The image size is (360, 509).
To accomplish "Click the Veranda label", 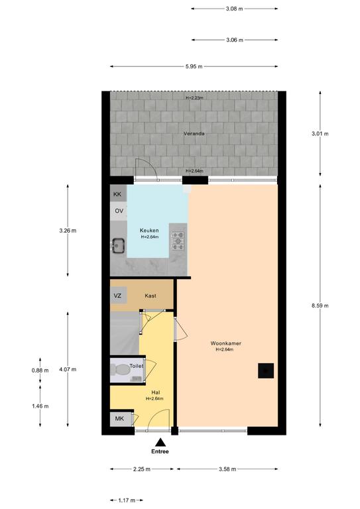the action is coord(194,133).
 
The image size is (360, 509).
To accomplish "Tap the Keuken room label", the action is coord(149,231).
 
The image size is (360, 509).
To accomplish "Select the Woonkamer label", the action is coord(226,343).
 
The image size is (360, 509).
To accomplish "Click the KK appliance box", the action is coord(118,194).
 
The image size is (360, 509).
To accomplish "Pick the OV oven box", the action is coord(119,211).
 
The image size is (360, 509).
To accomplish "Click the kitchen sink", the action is coord(119,245).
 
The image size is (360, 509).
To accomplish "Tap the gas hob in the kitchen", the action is coord(178,241).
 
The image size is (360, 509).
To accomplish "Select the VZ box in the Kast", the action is coord(118,296).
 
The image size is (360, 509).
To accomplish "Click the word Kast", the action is coord(150,296).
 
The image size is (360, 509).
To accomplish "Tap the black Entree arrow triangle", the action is coord(160,442).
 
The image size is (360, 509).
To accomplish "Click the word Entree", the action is coord(160,451).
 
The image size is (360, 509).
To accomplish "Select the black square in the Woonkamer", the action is coord(266,370).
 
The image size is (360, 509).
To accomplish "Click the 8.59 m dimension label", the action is coord(320,306).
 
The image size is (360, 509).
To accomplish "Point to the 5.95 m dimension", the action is coord(194,66).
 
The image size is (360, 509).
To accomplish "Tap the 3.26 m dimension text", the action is coord(68,231).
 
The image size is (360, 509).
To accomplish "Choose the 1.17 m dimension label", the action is coord(127,500).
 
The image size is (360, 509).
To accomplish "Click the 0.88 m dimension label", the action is coord(40,370).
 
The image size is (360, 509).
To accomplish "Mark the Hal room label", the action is coord(156,392).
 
